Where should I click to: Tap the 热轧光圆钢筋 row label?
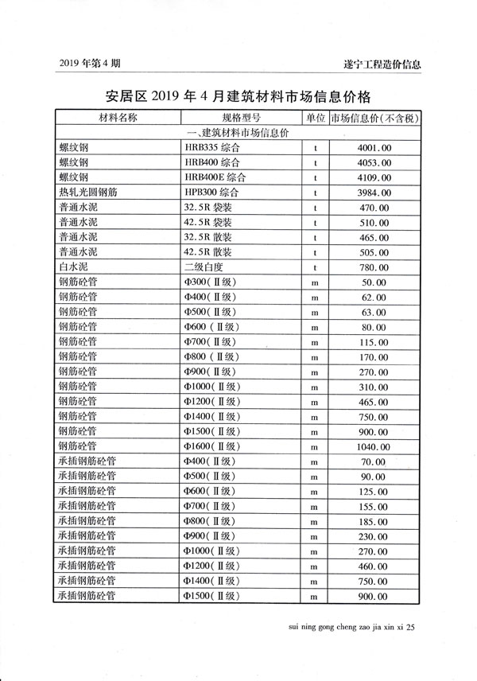(x=87, y=193)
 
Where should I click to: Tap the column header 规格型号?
(x=240, y=118)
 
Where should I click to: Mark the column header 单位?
(x=315, y=118)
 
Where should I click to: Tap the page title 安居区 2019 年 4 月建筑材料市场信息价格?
(x=238, y=97)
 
